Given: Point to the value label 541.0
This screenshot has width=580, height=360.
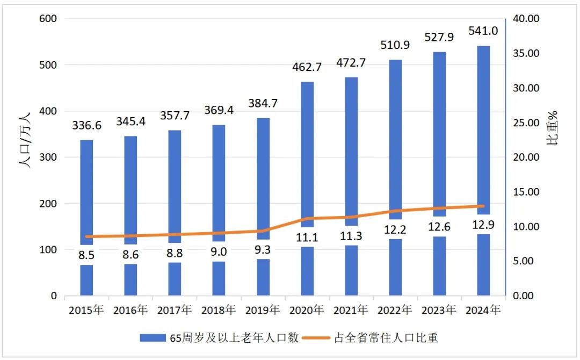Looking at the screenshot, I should point(483,31).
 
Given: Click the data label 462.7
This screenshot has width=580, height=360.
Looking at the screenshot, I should point(307,67).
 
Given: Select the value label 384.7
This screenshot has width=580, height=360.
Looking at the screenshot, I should point(263,103).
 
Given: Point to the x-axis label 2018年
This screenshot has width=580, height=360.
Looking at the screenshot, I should point(219,310).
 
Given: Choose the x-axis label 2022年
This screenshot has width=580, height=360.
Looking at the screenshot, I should point(395,310).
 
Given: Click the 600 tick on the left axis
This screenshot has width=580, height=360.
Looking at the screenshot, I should point(48,19).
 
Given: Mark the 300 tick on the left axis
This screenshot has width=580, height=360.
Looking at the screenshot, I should point(48,157).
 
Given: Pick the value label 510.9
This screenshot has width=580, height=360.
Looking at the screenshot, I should point(395,45).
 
